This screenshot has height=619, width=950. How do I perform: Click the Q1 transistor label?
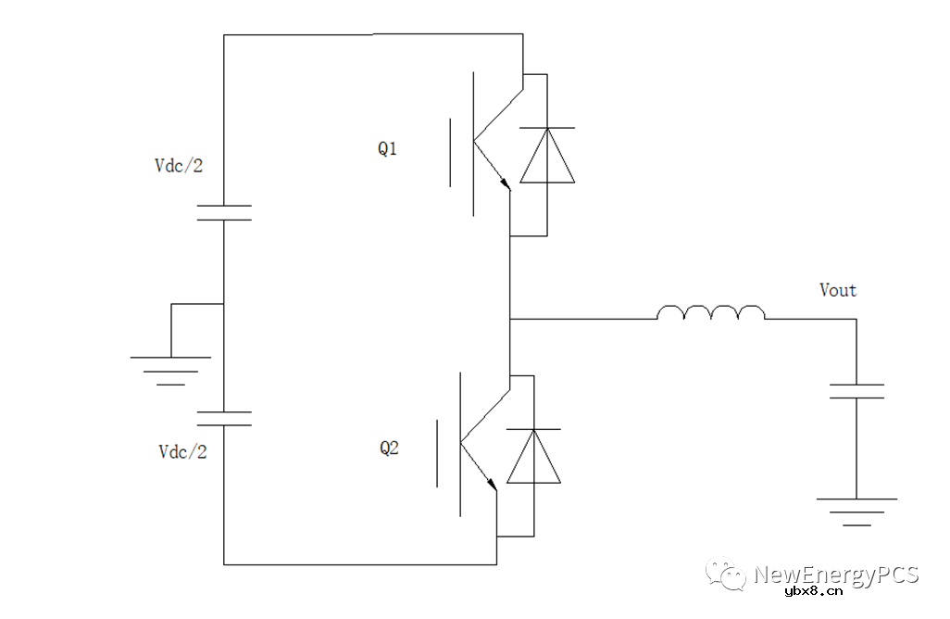387,148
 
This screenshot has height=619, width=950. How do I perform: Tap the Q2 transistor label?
389,448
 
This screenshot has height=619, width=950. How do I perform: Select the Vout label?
838,290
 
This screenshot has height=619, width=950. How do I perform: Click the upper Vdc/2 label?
179,166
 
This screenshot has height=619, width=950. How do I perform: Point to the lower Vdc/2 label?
182,451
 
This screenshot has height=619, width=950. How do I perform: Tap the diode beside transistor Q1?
546,155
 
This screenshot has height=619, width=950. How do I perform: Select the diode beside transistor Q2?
533,456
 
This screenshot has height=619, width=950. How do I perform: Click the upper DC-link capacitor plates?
224,212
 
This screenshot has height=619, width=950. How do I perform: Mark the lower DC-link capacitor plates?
224,418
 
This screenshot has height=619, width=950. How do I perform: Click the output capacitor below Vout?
856,391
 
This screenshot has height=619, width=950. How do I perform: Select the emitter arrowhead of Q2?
492,483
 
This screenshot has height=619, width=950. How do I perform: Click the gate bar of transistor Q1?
452,153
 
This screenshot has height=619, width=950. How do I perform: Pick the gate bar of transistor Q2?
438,452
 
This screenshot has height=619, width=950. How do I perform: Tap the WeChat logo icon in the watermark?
727,575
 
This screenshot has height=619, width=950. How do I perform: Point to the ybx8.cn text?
813,593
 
